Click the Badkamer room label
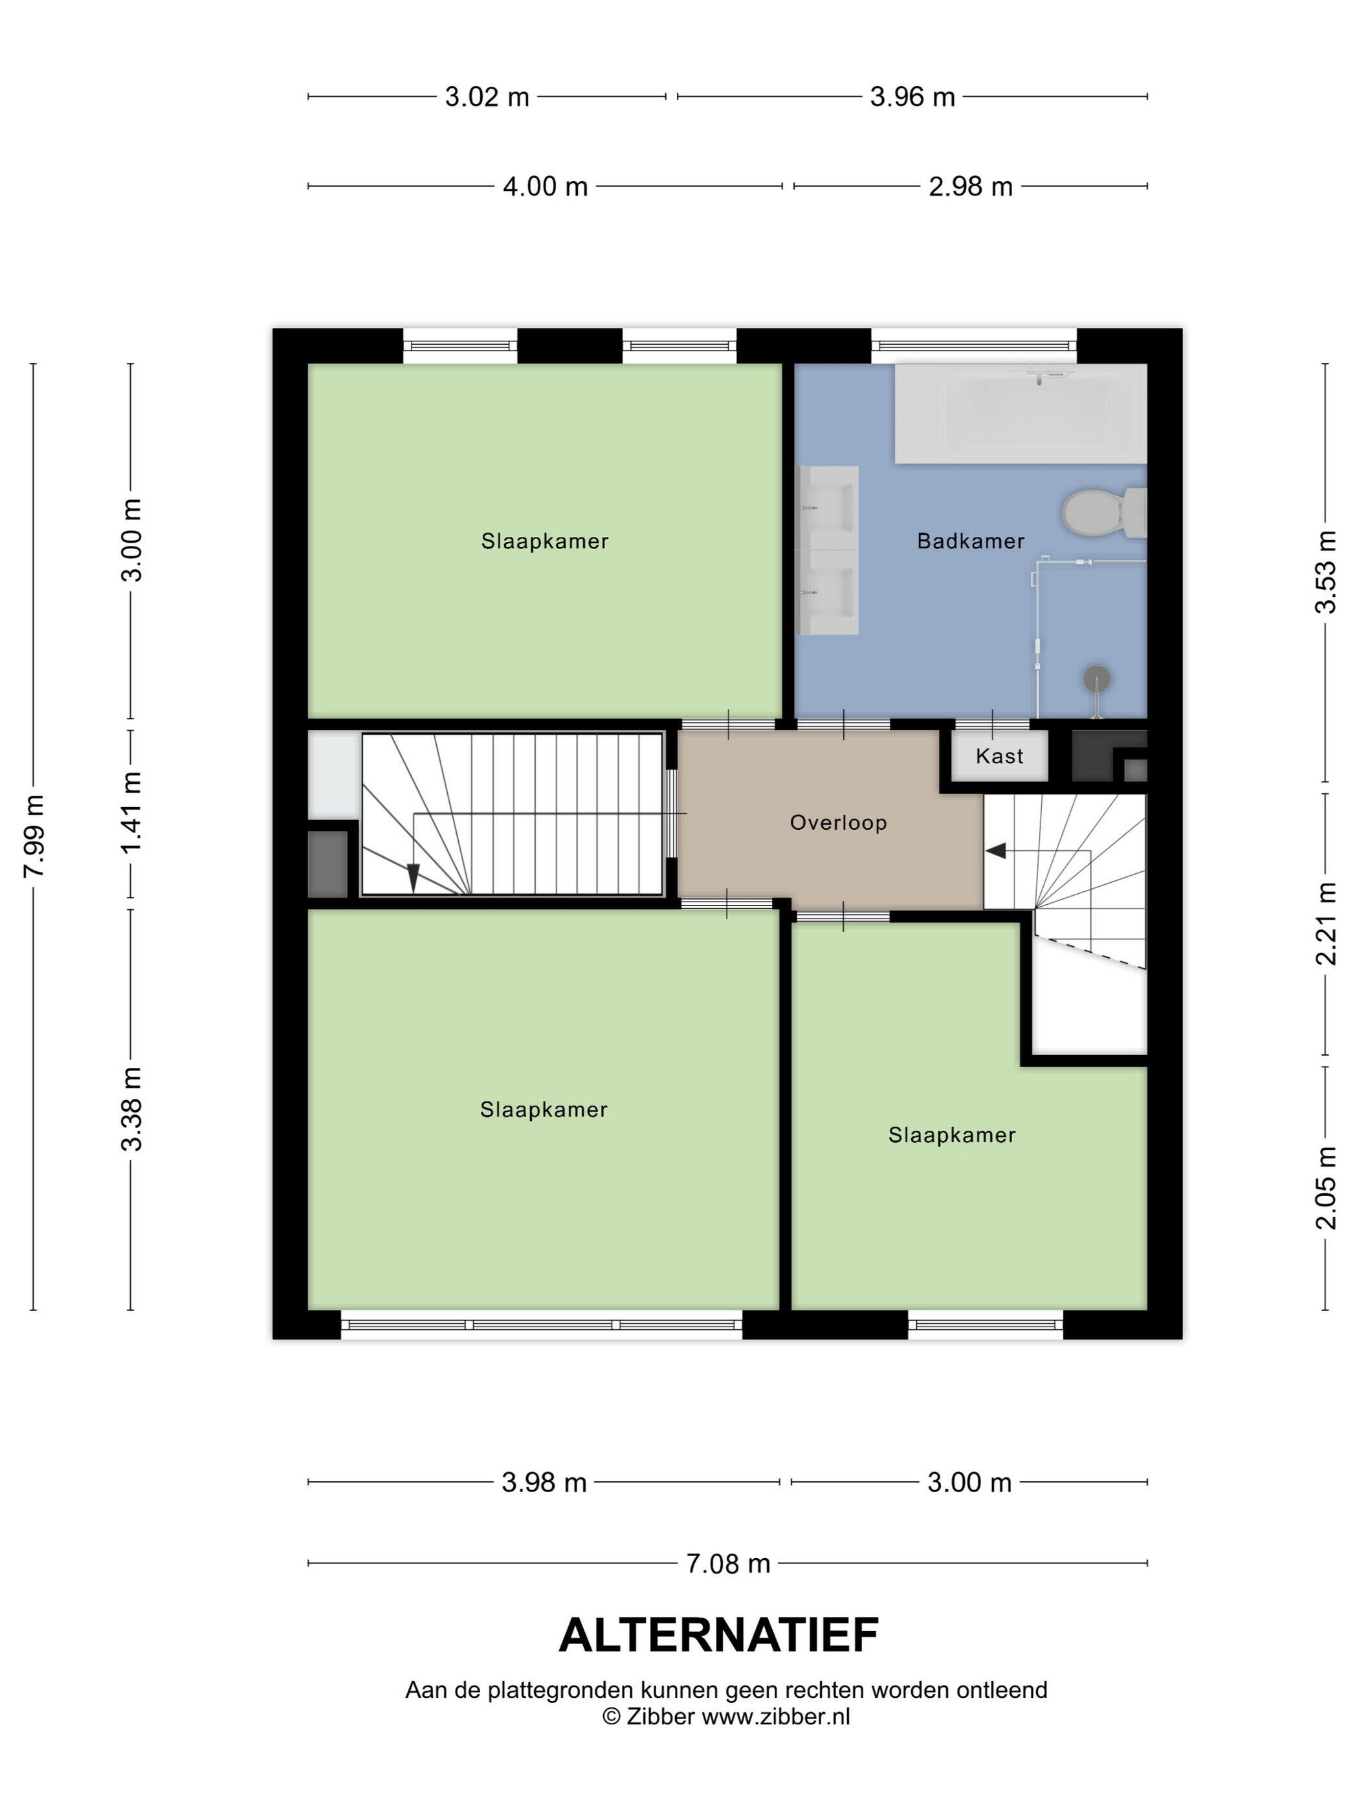point(970,541)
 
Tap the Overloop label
point(838,823)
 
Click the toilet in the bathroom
point(1103,514)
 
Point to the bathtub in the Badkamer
point(1021,413)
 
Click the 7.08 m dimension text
point(727,1564)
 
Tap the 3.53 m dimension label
point(1325,572)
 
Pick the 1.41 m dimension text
point(132,812)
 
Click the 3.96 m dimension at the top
point(912,98)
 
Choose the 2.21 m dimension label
point(1325,924)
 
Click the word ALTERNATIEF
point(718,1636)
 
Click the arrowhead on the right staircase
point(995,851)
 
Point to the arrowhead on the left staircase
point(414,878)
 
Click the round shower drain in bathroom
point(1096,678)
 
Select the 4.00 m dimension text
point(545,187)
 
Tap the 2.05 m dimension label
point(1325,1188)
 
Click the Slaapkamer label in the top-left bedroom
point(545,541)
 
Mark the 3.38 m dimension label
point(132,1109)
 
